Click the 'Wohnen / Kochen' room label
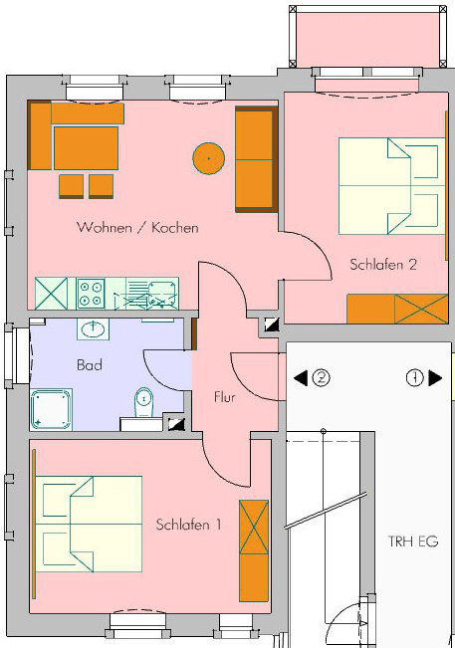click(137, 228)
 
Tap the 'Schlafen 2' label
click(382, 265)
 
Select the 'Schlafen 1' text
click(188, 524)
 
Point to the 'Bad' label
click(89, 365)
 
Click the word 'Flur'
click(225, 396)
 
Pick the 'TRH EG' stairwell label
click(410, 541)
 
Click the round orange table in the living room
click(208, 155)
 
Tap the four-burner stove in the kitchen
click(92, 293)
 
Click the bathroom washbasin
click(95, 329)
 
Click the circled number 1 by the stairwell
click(414, 377)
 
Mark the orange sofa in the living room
click(255, 159)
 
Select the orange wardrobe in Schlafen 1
click(254, 549)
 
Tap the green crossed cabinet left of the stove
click(50, 293)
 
